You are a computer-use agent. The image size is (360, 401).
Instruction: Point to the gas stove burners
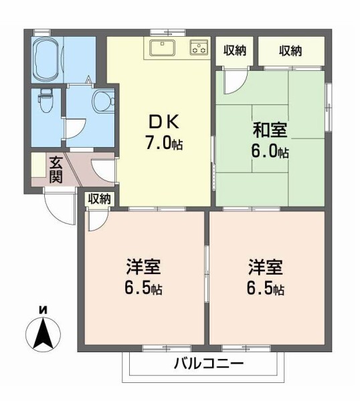point(199,47)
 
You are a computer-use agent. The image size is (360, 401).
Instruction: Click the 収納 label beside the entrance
point(100,198)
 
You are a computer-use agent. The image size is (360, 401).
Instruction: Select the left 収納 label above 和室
point(234,50)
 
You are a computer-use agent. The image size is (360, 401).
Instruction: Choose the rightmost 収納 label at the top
point(290,50)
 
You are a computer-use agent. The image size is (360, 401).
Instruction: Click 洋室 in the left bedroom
point(143,267)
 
